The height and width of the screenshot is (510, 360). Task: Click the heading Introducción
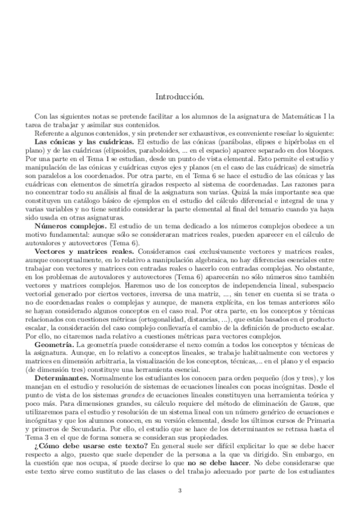click(180, 96)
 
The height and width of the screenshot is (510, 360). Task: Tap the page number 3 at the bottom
click(180, 490)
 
